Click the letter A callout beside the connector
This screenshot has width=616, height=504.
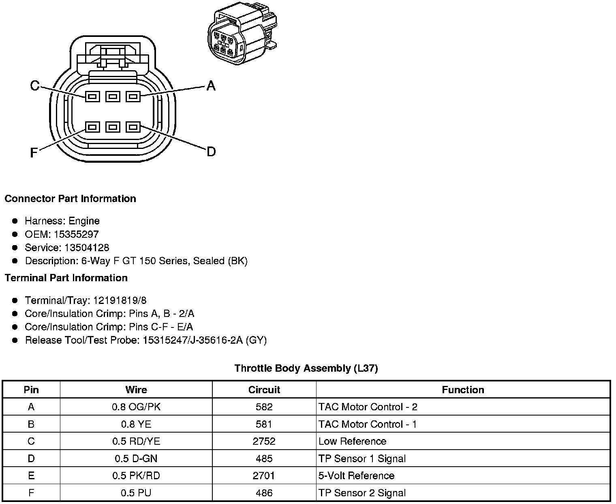click(x=211, y=86)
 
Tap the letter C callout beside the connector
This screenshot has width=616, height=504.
click(x=35, y=86)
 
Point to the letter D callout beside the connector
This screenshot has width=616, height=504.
click(x=211, y=152)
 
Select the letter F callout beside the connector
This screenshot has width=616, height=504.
click(x=34, y=153)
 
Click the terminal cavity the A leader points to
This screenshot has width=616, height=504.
click(x=133, y=97)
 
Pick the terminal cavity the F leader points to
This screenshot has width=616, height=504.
click(x=92, y=127)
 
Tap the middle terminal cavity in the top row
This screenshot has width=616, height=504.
click(x=113, y=97)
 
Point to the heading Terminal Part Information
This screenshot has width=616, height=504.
click(x=66, y=278)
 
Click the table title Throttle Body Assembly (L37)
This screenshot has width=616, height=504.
click(x=306, y=368)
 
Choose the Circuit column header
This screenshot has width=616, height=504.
click(x=264, y=390)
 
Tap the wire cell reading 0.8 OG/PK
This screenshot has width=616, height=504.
click(x=136, y=407)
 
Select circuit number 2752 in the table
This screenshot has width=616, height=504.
click(x=264, y=442)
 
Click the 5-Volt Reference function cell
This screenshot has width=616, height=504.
click(x=356, y=476)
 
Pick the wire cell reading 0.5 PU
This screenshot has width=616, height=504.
click(x=136, y=493)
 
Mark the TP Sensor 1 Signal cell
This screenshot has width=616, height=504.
click(x=362, y=459)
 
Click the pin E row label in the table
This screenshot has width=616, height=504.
click(x=31, y=476)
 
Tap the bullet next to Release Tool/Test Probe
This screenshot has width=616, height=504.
click(x=15, y=340)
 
